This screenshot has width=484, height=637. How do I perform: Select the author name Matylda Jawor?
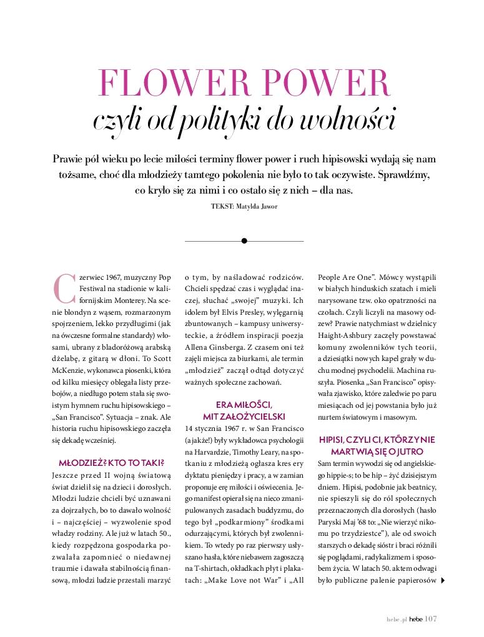click(257, 205)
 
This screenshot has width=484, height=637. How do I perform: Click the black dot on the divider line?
click(244, 240)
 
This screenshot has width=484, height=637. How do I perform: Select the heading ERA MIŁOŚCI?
click(244, 404)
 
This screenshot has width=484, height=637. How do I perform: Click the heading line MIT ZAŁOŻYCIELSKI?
click(244, 416)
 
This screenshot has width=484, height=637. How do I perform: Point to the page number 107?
click(430, 619)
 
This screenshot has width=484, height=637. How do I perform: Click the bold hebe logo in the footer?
click(415, 619)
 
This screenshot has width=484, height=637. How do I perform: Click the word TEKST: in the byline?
click(222, 205)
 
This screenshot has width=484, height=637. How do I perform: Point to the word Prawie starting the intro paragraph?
click(68, 159)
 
